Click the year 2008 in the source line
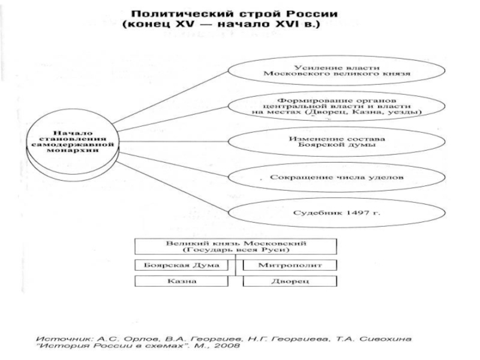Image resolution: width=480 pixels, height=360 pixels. [x=229, y=346]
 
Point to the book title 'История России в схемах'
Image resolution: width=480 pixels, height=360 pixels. [x=126, y=346]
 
